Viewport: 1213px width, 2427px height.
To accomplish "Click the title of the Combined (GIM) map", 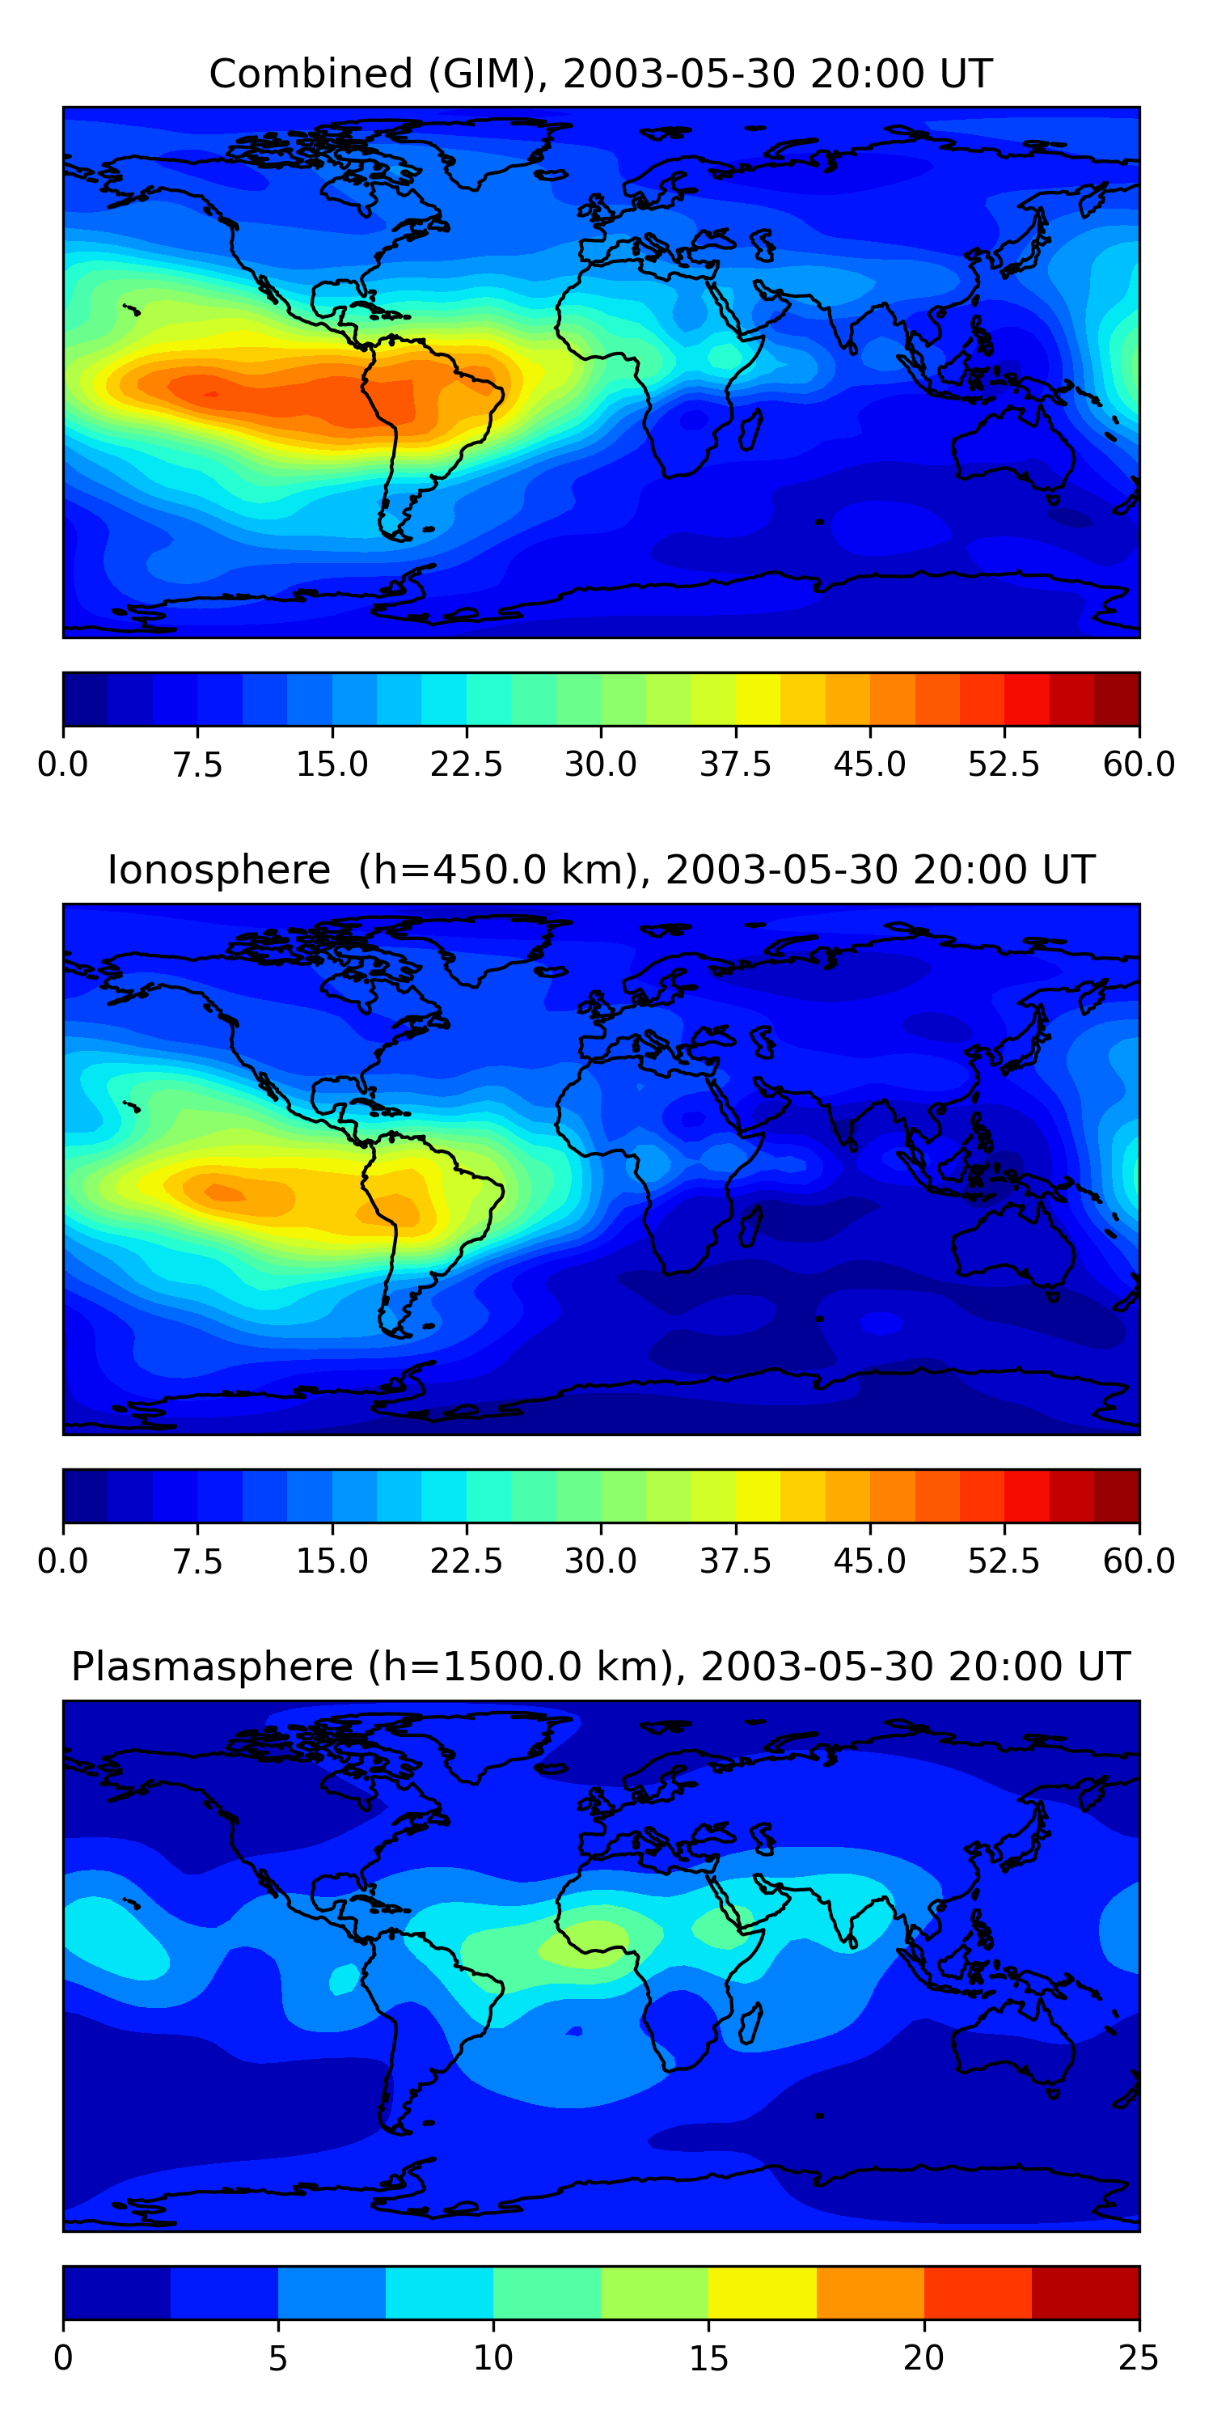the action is coord(601,74).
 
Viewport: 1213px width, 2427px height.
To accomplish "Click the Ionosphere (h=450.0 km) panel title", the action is coord(601,870).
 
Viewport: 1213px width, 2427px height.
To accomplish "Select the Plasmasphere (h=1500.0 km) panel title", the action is coord(601,1667).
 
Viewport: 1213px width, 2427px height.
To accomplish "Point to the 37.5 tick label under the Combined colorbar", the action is coord(736,764).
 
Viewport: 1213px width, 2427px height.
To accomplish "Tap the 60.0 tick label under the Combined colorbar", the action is coord(1139,764).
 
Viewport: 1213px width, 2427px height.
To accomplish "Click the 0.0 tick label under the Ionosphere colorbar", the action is coord(63,1561).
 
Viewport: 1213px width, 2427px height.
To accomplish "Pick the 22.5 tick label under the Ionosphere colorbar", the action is coord(466,1561).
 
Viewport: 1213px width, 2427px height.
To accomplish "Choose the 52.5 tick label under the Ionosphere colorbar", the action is coord(1004,1561).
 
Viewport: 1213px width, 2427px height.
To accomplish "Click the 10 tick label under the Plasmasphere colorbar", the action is coord(493,2358).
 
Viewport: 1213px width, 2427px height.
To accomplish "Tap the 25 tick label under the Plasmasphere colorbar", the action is coord(1139,2358).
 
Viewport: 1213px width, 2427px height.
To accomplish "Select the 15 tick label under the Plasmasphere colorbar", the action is coord(708,2358).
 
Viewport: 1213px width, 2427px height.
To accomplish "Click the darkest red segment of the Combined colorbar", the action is coord(1117,699).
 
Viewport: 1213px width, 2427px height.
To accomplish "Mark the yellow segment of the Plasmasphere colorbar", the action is coord(762,2292).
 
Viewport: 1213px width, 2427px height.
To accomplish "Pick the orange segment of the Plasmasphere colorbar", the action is coord(870,2292).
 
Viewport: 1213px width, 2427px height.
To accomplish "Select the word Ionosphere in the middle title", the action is coord(219,870).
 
